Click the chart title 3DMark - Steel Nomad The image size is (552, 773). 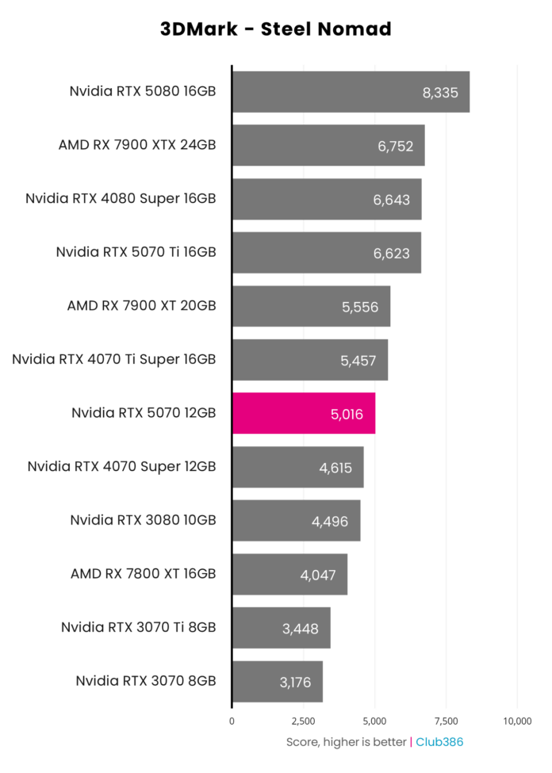click(276, 29)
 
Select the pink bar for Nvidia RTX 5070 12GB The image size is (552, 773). click(303, 413)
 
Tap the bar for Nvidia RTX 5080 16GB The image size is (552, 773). click(350, 92)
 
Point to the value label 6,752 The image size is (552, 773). click(397, 146)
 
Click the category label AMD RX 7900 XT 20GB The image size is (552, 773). click(141, 305)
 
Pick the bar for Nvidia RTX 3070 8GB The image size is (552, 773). click(277, 681)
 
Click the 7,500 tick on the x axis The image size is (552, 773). click(446, 721)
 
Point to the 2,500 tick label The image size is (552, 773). click(303, 721)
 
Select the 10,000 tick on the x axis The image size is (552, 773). click(517, 721)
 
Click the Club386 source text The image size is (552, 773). click(439, 742)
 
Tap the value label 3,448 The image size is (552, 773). click(300, 628)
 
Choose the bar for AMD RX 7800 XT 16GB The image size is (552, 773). click(289, 574)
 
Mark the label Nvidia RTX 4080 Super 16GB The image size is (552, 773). click(121, 198)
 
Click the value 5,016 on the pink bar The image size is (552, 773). click(346, 413)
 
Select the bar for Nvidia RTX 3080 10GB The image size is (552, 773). click(296, 520)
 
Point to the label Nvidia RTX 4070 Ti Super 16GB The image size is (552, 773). click(114, 359)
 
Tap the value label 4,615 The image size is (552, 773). click(335, 467)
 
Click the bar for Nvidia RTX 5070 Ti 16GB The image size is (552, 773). click(326, 252)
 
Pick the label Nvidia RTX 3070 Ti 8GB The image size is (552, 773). click(138, 627)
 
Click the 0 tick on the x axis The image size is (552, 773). click(232, 721)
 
